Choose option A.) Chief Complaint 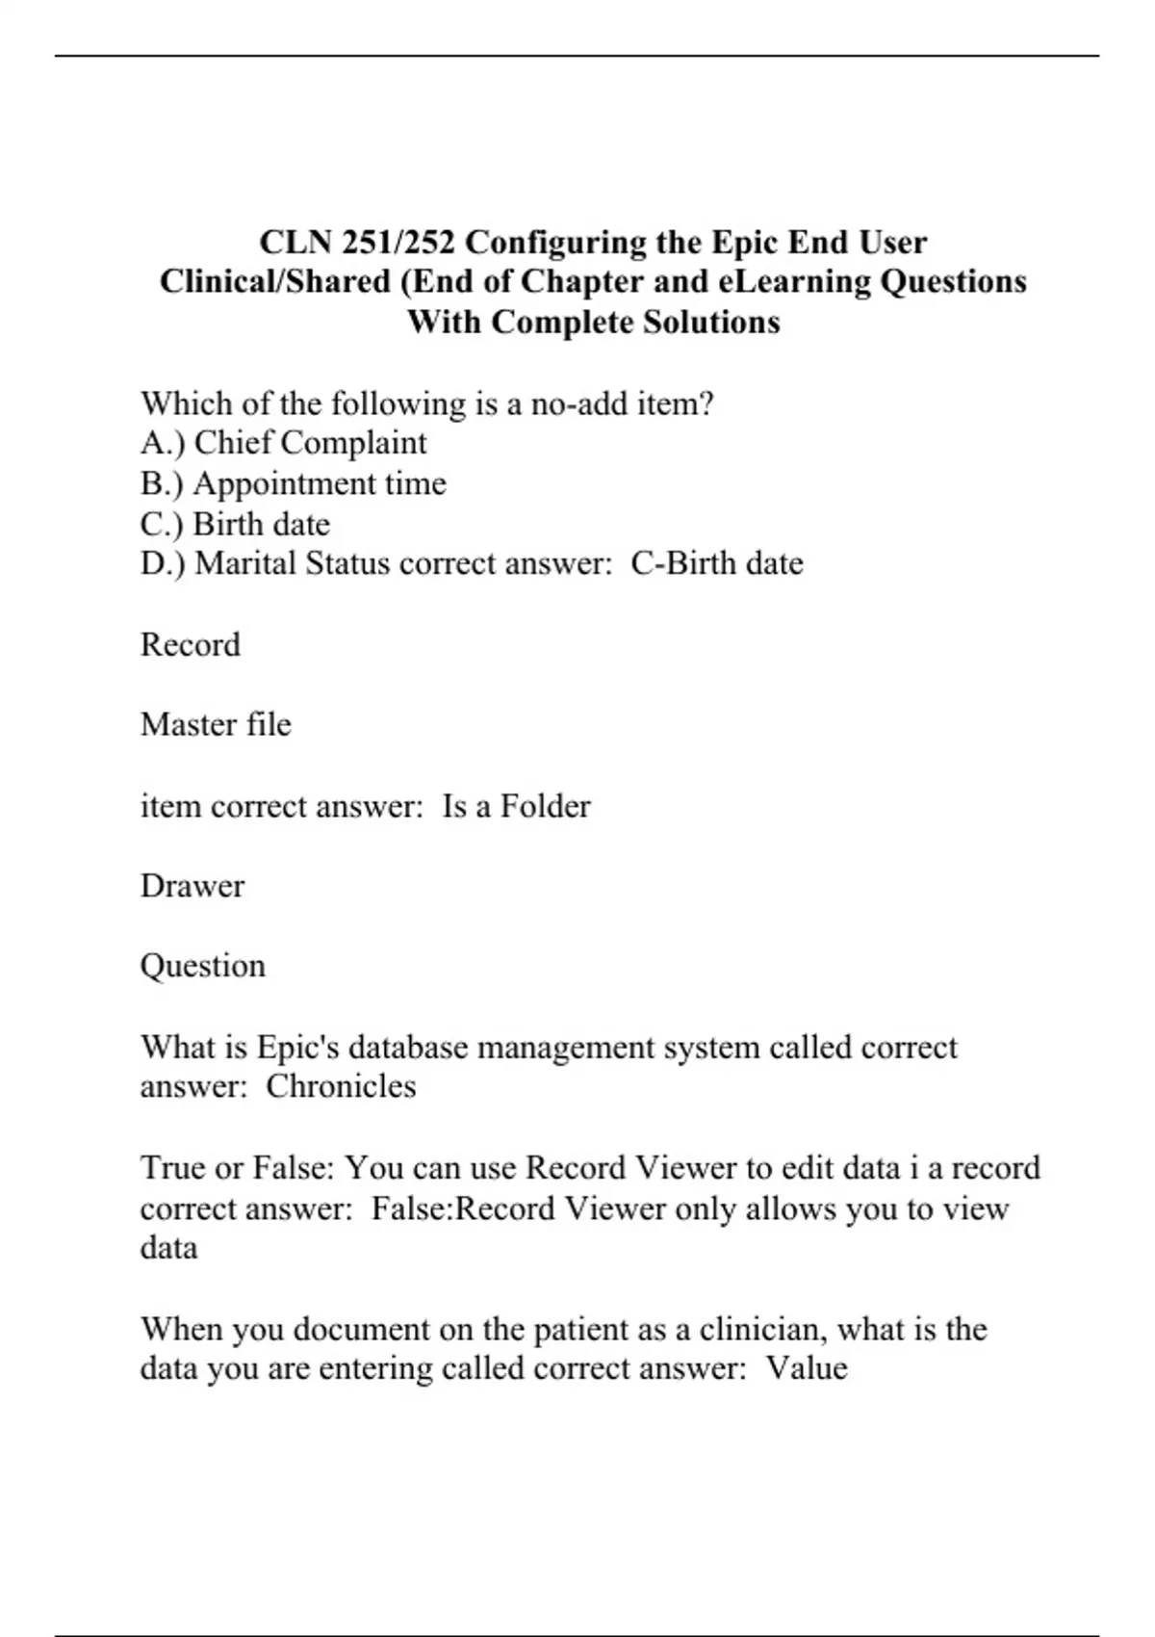coord(283,443)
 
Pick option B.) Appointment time coord(293,483)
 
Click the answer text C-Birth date coord(717,563)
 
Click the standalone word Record coord(191,644)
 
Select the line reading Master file coord(216,724)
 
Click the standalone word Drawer coord(192,886)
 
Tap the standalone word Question coord(202,966)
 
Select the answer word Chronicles coord(341,1086)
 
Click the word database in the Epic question coord(408,1047)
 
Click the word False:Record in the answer coord(463,1208)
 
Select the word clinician coord(762,1329)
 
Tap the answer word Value coord(807,1368)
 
